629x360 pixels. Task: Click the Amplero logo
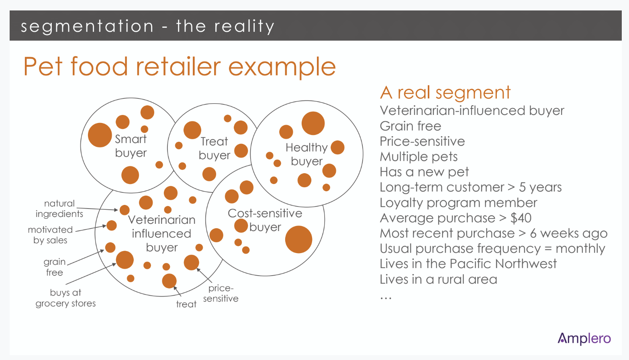pyautogui.click(x=584, y=339)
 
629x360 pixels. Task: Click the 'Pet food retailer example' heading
pyautogui.click(x=180, y=67)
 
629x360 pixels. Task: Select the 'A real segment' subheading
pyautogui.click(x=445, y=92)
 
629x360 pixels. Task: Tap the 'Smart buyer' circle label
pyautogui.click(x=131, y=146)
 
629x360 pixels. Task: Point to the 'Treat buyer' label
pyautogui.click(x=214, y=148)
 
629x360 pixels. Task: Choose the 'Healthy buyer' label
pyautogui.click(x=306, y=154)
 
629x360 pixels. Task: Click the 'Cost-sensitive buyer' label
pyautogui.click(x=265, y=220)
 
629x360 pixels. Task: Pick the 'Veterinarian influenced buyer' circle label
pyautogui.click(x=161, y=233)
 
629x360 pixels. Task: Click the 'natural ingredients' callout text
pyautogui.click(x=59, y=209)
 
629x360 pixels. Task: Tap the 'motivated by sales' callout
pyautogui.click(x=50, y=235)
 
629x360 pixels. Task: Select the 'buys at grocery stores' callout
pyautogui.click(x=65, y=298)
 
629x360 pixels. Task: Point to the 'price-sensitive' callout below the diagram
pyautogui.click(x=221, y=293)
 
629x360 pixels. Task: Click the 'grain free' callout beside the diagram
pyautogui.click(x=55, y=267)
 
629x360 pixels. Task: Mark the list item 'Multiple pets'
pyautogui.click(x=419, y=157)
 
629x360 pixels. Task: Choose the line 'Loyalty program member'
pyautogui.click(x=459, y=203)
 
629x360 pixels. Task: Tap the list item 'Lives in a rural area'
pyautogui.click(x=438, y=279)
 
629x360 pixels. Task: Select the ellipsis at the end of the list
pyautogui.click(x=386, y=298)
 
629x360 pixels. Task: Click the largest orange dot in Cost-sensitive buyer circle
pyautogui.click(x=298, y=239)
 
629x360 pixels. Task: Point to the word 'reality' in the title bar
pyautogui.click(x=244, y=27)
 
